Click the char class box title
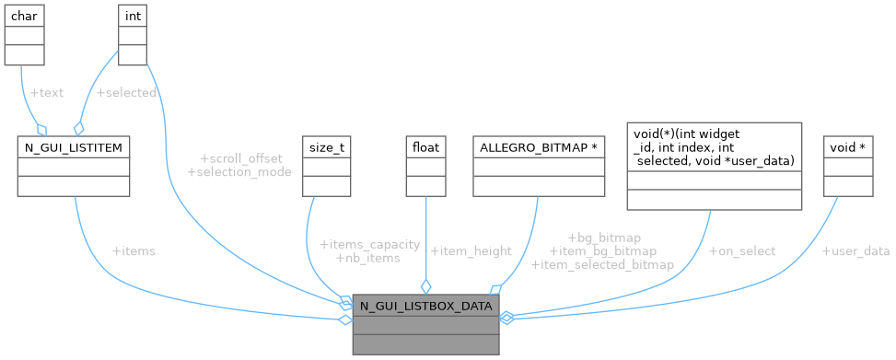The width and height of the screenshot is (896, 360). (x=24, y=16)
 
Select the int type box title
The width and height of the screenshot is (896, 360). (x=133, y=16)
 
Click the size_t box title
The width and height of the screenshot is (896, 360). (x=327, y=145)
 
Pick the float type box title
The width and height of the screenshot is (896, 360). (x=425, y=145)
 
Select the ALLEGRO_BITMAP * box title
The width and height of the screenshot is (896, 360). (x=539, y=145)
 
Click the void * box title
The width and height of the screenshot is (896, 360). (x=848, y=145)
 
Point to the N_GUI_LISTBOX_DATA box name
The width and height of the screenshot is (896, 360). (x=425, y=305)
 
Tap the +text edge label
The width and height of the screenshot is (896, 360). (x=47, y=93)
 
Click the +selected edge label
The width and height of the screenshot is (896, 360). (x=126, y=93)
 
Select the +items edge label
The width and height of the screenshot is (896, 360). (x=133, y=251)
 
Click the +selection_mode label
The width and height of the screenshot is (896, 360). (x=239, y=172)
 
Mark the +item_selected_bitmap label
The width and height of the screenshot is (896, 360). (x=602, y=264)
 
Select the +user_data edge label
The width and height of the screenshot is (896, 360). (x=855, y=251)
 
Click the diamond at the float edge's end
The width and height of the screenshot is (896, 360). (x=425, y=285)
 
